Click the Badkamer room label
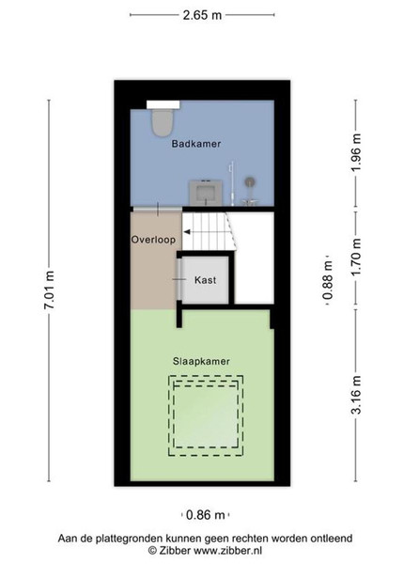click(x=195, y=144)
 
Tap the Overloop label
click(x=153, y=240)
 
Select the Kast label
click(x=205, y=280)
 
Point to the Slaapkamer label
click(x=201, y=361)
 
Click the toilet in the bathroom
click(x=163, y=122)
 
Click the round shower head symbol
click(x=249, y=182)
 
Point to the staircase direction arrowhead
click(x=187, y=232)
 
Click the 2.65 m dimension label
click(x=202, y=15)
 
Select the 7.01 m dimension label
click(x=49, y=290)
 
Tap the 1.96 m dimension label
click(x=356, y=153)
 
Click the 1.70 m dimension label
click(x=356, y=258)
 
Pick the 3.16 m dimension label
click(x=356, y=395)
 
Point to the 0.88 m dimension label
click(x=328, y=280)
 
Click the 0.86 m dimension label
click(x=205, y=515)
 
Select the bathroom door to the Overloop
click(x=158, y=209)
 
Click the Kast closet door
click(x=179, y=279)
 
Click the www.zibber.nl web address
click(x=227, y=550)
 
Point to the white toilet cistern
click(x=163, y=104)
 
